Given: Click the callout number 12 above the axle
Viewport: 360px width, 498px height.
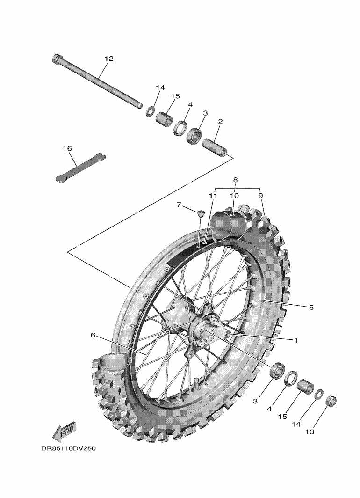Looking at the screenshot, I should coord(109,59).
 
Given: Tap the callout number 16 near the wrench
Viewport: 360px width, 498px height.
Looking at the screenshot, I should coord(67,148).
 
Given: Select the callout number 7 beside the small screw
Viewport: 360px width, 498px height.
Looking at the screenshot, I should coord(179,205).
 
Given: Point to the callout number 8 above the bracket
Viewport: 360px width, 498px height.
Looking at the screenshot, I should coord(235,180).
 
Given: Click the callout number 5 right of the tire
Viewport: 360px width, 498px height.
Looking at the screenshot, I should coord(311,308).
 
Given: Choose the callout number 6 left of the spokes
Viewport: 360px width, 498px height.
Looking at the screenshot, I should coord(93,335).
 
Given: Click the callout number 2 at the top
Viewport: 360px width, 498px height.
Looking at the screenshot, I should coord(220,122).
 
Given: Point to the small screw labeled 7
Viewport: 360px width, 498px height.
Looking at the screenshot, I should coord(200,213).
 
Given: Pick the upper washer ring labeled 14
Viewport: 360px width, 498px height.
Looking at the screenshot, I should coord(151,111).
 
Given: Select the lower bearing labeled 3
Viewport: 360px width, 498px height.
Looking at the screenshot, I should coord(278,369).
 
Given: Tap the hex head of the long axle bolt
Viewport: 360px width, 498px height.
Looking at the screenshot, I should coord(58,60).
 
